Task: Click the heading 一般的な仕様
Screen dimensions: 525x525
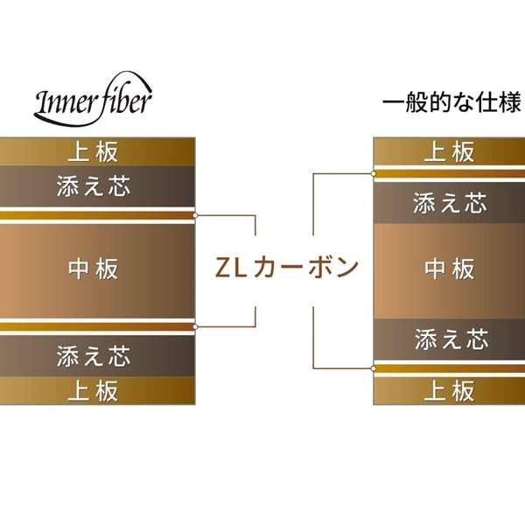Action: pos(452,102)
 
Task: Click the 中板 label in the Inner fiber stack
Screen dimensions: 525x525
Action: pos(93,269)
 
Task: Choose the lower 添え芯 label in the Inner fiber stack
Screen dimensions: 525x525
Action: pos(93,356)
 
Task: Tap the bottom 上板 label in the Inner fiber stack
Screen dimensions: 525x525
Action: pos(93,390)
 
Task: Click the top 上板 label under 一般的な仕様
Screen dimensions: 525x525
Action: pos(449,151)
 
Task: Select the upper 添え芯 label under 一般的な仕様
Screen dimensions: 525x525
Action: pos(449,203)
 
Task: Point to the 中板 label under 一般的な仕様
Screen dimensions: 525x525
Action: pos(449,269)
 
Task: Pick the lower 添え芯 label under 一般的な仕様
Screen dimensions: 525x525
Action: pos(449,338)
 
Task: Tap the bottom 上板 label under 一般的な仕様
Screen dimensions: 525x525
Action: pos(449,389)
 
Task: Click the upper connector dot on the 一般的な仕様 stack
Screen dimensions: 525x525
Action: pos(374,173)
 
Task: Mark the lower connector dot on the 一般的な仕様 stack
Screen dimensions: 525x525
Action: pos(374,367)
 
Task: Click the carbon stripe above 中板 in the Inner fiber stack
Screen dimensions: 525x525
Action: pos(96,215)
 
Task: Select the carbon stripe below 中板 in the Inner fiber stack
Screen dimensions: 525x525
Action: pos(96,326)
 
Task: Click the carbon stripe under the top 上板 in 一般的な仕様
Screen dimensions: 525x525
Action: pos(449,172)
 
